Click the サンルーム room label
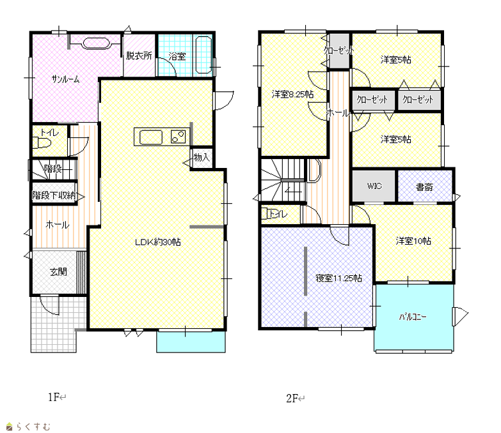65,79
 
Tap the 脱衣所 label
139,56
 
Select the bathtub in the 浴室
203,55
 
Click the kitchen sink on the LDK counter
151,137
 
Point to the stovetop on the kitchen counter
178,137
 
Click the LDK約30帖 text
158,242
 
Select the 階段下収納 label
54,195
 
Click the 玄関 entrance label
58,271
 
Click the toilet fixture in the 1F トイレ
42,142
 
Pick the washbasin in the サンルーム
96,43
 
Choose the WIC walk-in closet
374,186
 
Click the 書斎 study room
425,186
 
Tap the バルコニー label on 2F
413,317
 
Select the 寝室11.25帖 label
338,278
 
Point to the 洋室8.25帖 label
292,94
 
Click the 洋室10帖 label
413,241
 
